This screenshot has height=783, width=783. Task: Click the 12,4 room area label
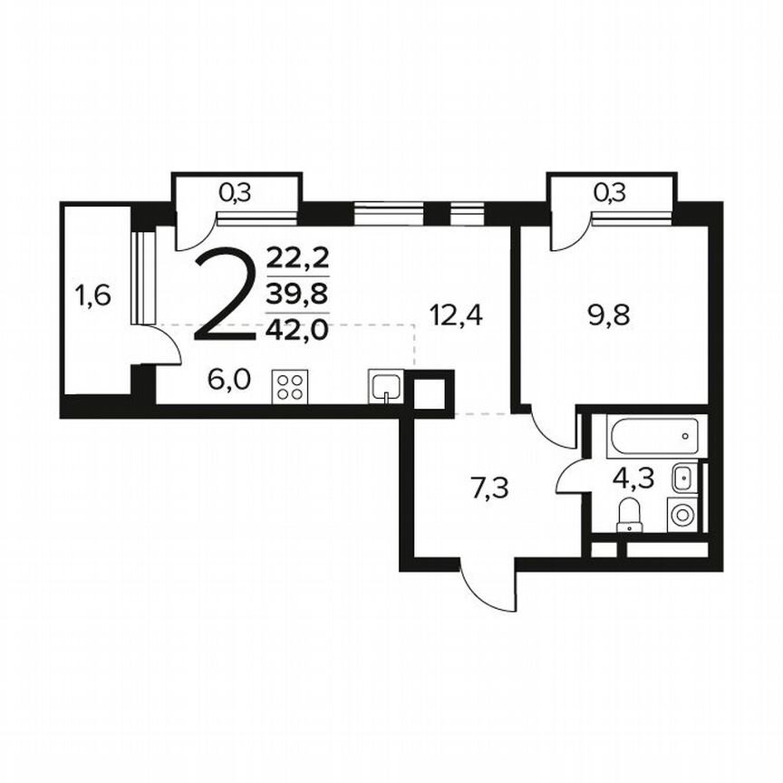point(457,315)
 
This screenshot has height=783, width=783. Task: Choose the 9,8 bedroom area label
point(609,315)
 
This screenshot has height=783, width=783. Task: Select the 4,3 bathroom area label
point(633,477)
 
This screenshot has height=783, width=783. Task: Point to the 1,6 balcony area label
point(93,295)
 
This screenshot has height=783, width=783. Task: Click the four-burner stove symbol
point(289,388)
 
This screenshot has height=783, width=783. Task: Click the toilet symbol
point(629,517)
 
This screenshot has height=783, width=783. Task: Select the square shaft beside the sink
point(430,391)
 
